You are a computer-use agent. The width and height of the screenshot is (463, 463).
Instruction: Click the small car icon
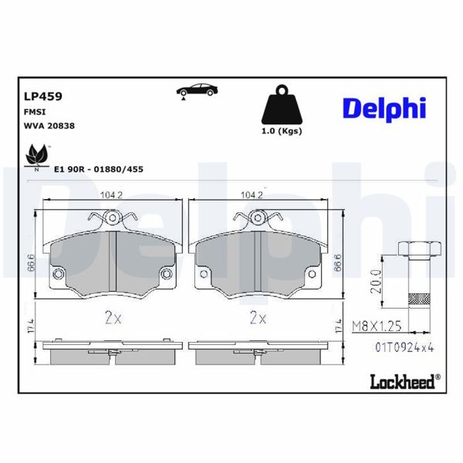[196, 90]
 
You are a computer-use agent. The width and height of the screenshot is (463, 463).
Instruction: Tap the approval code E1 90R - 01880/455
[98, 168]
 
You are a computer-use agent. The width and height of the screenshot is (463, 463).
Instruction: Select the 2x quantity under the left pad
[113, 316]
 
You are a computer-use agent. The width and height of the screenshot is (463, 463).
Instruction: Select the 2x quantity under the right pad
[257, 316]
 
